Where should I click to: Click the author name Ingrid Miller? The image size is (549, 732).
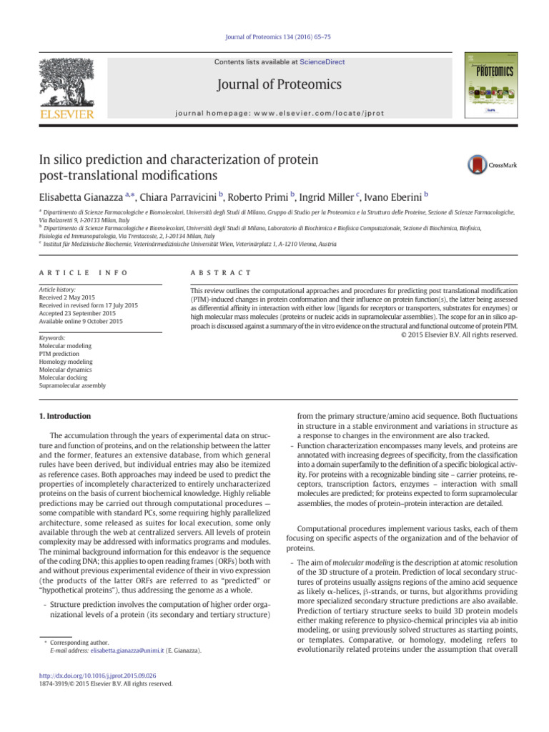tap(328, 196)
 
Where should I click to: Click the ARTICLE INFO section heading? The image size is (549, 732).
tap(71, 272)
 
